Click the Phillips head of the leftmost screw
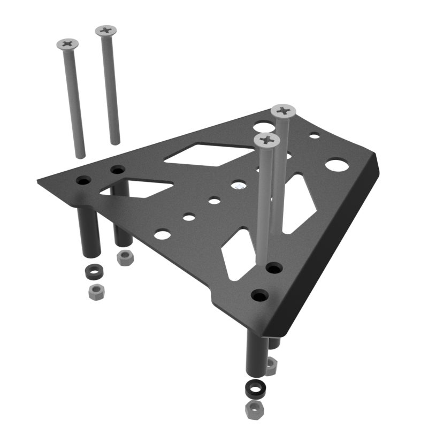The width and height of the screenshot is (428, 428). pyautogui.click(x=67, y=43)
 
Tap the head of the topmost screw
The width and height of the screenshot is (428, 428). pyautogui.click(x=106, y=30)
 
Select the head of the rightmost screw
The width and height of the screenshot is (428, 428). pyautogui.click(x=284, y=111)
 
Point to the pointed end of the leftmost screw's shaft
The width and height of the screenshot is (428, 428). pyautogui.click(x=80, y=156)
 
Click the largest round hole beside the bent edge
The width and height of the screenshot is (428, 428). pyautogui.click(x=336, y=164)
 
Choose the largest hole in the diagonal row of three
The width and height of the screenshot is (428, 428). pyautogui.click(x=163, y=234)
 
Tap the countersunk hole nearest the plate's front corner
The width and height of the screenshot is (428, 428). pyautogui.click(x=260, y=295)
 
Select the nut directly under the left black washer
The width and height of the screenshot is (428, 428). pyautogui.click(x=96, y=292)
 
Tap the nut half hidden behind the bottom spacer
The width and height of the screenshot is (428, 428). pyautogui.click(x=271, y=366)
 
